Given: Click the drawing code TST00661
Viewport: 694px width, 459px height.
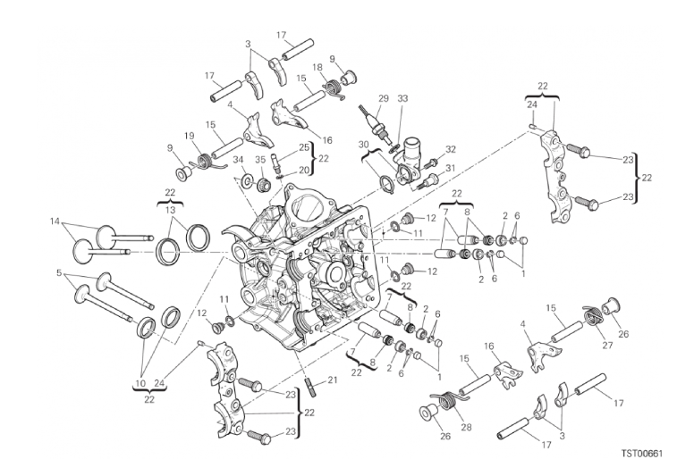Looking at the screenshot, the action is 641,454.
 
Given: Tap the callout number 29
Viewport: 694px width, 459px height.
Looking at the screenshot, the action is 384,98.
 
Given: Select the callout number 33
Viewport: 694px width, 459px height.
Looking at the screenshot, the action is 402,98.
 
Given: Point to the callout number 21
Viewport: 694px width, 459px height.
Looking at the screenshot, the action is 333,380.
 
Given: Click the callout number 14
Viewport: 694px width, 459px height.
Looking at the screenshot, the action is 55,221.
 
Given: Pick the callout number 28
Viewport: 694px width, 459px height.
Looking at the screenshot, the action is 466,427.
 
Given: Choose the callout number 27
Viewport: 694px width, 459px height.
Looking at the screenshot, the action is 607,345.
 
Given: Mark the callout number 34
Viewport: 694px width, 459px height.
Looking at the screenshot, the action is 238,159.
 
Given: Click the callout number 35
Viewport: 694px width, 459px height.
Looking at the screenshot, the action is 260,159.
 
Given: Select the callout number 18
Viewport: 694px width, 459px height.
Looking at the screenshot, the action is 317,67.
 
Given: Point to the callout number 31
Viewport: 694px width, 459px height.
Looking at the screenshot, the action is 450,168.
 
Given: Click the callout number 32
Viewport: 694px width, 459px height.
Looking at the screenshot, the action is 450,149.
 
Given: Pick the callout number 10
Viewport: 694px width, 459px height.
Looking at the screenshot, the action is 140,383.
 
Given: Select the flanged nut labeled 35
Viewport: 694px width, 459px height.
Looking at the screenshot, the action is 263,183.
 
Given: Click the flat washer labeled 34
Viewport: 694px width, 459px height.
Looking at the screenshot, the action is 245,179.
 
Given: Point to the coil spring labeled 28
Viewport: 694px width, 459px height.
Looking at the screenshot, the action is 448,399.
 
